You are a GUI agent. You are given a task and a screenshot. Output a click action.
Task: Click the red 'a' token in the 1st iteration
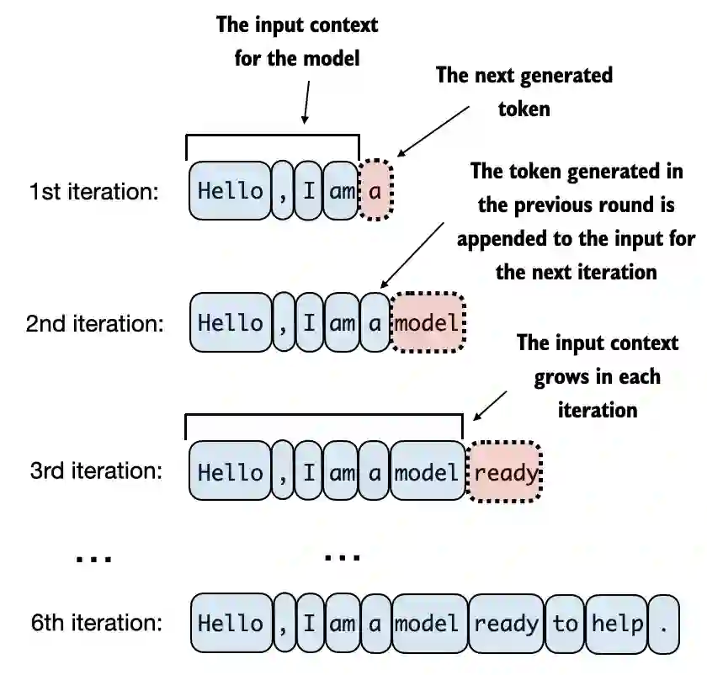pyautogui.click(x=375, y=191)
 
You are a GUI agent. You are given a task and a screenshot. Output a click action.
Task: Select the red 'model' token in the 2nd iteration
pyautogui.click(x=428, y=323)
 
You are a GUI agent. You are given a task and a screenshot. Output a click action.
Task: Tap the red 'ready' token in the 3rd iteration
pyautogui.click(x=505, y=473)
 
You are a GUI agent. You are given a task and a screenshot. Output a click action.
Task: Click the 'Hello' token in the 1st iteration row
pyautogui.click(x=230, y=191)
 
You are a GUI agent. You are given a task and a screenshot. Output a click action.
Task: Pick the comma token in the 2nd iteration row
pyautogui.click(x=284, y=323)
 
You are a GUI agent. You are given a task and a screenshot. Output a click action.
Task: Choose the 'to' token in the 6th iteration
pyautogui.click(x=565, y=624)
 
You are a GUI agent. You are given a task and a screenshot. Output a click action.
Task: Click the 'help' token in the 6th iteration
pyautogui.click(x=618, y=624)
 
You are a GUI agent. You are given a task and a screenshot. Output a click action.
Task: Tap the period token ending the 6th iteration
pyautogui.click(x=665, y=624)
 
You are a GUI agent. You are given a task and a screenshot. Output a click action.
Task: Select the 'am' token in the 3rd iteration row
pyautogui.click(x=342, y=473)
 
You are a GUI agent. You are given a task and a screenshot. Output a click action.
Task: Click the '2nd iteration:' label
pyautogui.click(x=94, y=324)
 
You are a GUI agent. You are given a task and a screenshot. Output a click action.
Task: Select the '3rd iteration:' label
pyautogui.click(x=95, y=471)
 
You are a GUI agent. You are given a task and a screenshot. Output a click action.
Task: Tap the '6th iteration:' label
pyautogui.click(x=95, y=624)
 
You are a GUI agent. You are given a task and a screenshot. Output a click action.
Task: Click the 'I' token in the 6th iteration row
pyautogui.click(x=309, y=624)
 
